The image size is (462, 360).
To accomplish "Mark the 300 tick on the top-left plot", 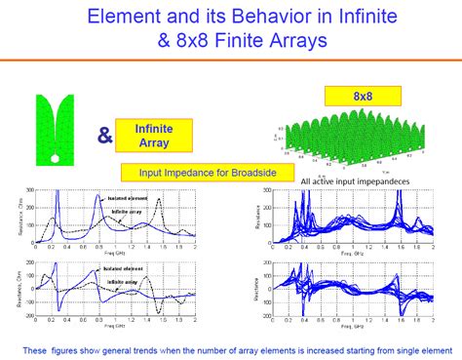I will (30, 190).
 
